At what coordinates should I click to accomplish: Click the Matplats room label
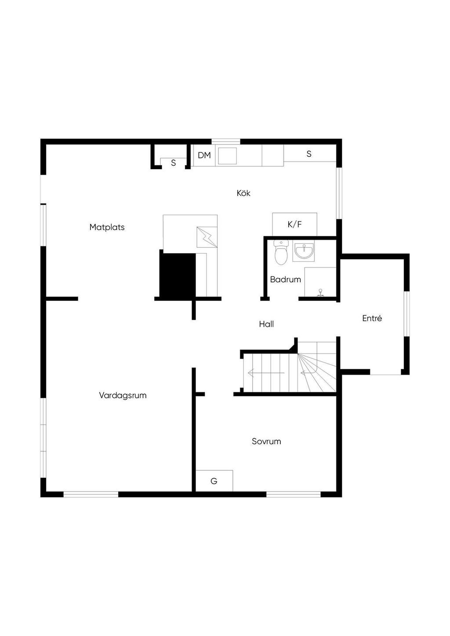[x=107, y=228]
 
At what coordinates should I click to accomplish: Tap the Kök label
[x=243, y=193]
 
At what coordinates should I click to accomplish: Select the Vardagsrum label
[x=123, y=395]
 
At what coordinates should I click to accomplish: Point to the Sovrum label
[x=266, y=441]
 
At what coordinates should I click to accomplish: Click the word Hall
[x=266, y=324]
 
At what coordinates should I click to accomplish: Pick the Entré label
[x=372, y=318]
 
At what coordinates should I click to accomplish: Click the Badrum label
[x=285, y=279]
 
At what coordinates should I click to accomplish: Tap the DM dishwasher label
[x=204, y=155]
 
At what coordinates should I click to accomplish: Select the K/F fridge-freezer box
[x=294, y=224]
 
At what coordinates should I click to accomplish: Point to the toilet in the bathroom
[x=281, y=252]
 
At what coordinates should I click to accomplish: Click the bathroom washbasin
[x=303, y=251]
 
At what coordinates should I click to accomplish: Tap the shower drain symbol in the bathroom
[x=320, y=293]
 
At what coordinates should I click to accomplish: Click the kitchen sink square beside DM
[x=227, y=156]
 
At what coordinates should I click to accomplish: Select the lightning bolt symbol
[x=207, y=237]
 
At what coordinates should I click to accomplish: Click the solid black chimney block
[x=178, y=275]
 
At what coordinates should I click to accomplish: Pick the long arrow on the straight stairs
[x=266, y=372]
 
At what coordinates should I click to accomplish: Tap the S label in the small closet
[x=174, y=163]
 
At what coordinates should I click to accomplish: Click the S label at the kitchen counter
[x=309, y=154]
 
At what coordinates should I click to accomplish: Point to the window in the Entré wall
[x=407, y=314]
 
